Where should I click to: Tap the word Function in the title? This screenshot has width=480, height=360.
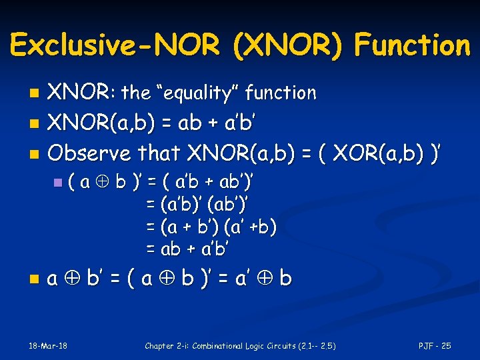(412, 45)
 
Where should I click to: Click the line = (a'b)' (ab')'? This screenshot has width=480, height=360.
(199, 205)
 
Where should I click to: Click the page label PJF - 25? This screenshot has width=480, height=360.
(435, 345)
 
